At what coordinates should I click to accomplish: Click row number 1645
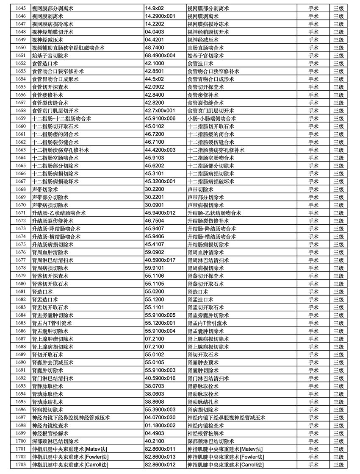tap(20, 8)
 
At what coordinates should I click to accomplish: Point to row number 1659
tap(20, 119)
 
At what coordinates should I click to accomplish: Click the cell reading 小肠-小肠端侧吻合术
tap(212, 119)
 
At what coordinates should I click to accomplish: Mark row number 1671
tap(20, 213)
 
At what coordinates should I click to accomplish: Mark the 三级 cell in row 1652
tap(338, 64)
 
